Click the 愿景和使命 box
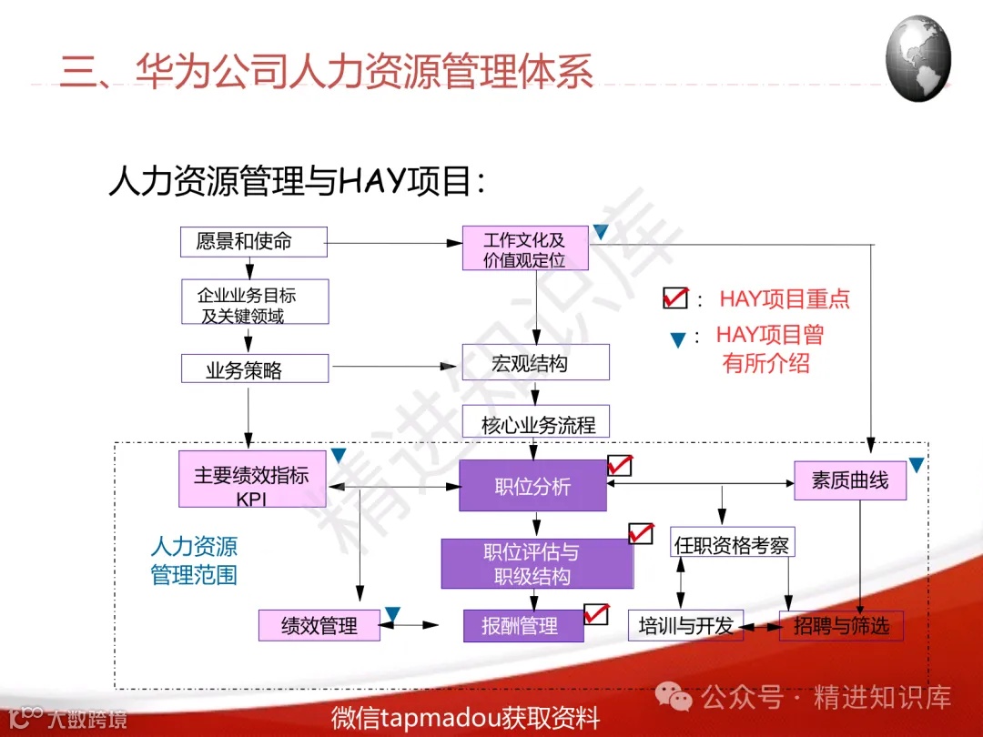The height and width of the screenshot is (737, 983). [253, 241]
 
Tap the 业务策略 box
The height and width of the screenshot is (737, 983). [254, 369]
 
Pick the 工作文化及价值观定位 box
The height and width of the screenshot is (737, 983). [525, 248]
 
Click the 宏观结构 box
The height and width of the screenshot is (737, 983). [535, 363]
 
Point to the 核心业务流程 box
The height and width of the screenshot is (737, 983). [535, 423]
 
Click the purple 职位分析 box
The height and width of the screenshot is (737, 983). [532, 486]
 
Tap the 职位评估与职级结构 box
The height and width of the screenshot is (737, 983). [536, 564]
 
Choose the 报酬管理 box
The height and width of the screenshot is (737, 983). [523, 626]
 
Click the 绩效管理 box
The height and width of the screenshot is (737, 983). [319, 626]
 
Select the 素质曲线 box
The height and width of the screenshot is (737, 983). [849, 480]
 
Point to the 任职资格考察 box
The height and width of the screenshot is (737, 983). [732, 545]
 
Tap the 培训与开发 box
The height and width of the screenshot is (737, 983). [685, 626]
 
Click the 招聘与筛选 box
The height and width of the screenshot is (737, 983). [840, 625]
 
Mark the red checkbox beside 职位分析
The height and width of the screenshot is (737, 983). [620, 465]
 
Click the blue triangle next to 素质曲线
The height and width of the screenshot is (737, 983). [917, 465]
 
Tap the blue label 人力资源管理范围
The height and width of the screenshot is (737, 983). [193, 560]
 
